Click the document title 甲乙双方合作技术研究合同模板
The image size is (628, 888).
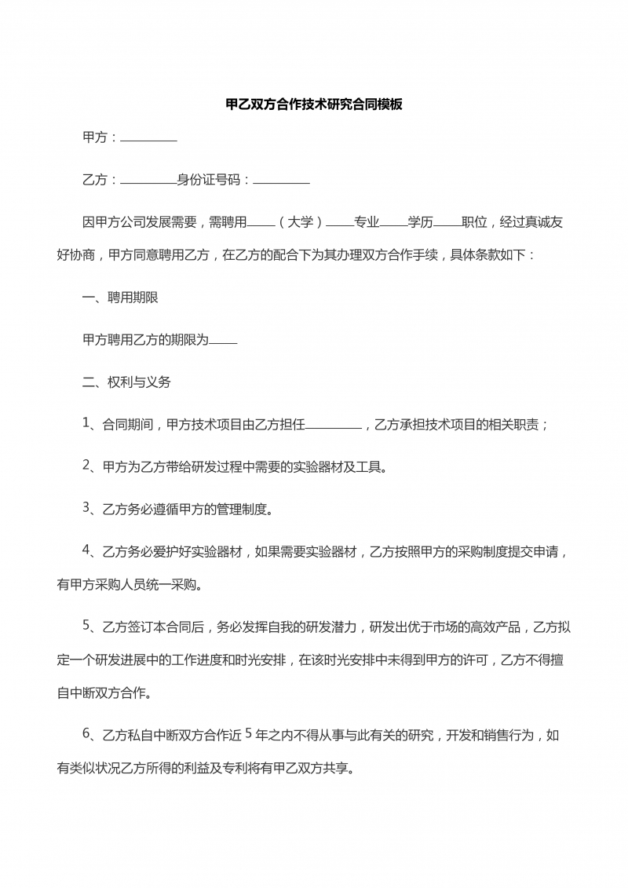coord(314,104)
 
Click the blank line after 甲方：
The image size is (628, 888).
coord(148,139)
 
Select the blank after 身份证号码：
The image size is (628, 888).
coord(281,181)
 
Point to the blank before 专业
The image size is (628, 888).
coord(340,225)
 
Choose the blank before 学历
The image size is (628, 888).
coord(393,225)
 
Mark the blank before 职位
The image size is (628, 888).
coord(447,225)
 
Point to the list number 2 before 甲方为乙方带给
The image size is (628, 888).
coord(87,466)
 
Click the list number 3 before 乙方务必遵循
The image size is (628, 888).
coord(87,508)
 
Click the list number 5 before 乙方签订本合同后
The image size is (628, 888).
coord(87,625)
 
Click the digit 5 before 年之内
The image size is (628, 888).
coord(249,734)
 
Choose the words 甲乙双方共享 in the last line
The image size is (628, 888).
coord(314,769)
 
